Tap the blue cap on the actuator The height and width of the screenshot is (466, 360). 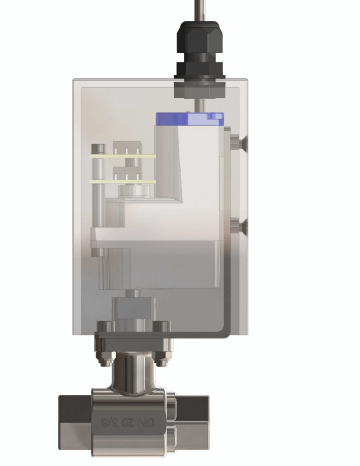tap(189, 119)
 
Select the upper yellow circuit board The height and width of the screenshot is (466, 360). tap(123, 156)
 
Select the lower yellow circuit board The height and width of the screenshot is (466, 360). tap(123, 182)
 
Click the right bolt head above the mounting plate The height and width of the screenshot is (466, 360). tap(161, 326)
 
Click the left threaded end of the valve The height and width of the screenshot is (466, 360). tap(75, 422)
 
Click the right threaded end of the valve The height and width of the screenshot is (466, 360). tap(191, 422)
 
